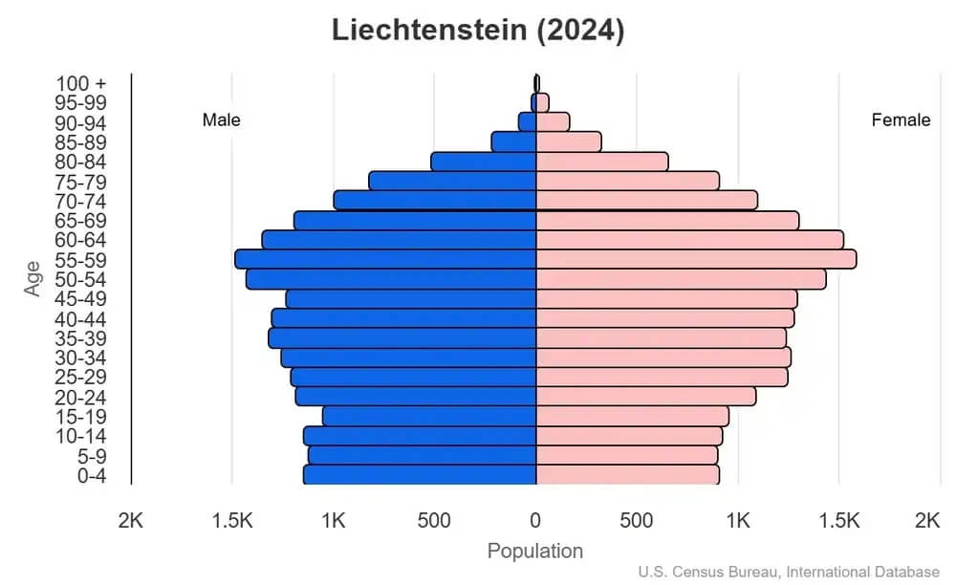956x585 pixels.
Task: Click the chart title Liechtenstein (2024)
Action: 478,30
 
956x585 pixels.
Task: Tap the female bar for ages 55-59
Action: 695,259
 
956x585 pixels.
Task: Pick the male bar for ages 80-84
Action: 483,162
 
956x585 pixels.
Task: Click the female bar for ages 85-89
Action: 568,141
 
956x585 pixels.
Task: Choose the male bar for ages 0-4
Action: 420,474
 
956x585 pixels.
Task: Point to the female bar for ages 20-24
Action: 645,396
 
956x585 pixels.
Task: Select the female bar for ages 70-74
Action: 646,200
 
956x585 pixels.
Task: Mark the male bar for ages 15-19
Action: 429,416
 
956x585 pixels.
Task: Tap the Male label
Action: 222,120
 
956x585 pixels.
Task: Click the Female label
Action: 901,120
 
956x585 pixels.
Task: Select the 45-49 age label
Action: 80,299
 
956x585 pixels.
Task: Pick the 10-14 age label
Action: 80,436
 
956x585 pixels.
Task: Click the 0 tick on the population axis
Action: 535,520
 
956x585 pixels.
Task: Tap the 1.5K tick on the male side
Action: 232,520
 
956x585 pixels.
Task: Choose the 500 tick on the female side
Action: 637,520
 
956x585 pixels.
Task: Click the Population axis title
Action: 535,551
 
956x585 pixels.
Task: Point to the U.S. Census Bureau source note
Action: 789,572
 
